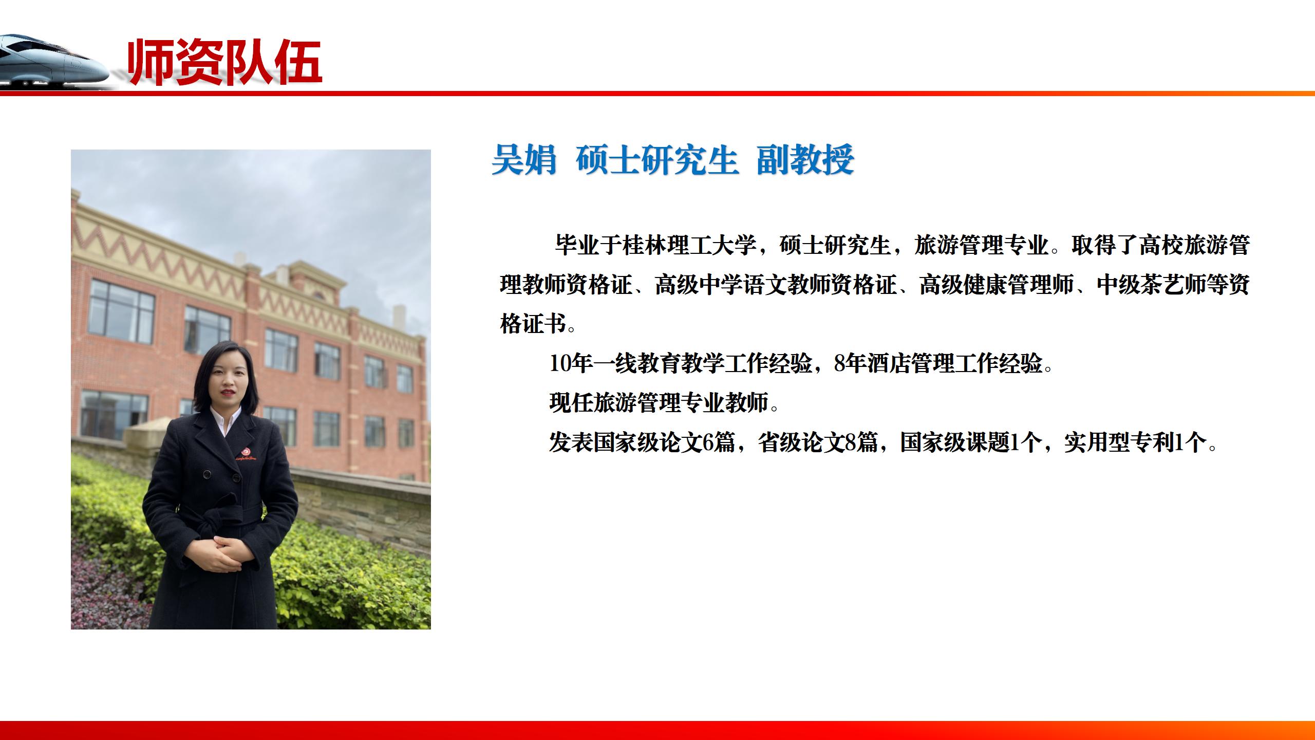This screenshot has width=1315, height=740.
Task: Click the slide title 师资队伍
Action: (224, 63)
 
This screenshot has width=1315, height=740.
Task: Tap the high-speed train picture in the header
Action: (51, 61)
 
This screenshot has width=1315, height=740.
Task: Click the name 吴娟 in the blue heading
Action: (523, 160)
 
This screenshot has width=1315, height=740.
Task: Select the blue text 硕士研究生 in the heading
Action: (657, 160)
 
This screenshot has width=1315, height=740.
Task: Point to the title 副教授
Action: (805, 160)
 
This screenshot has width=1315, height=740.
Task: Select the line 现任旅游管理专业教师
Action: (660, 403)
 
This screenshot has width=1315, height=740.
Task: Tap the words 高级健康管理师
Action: (996, 285)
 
